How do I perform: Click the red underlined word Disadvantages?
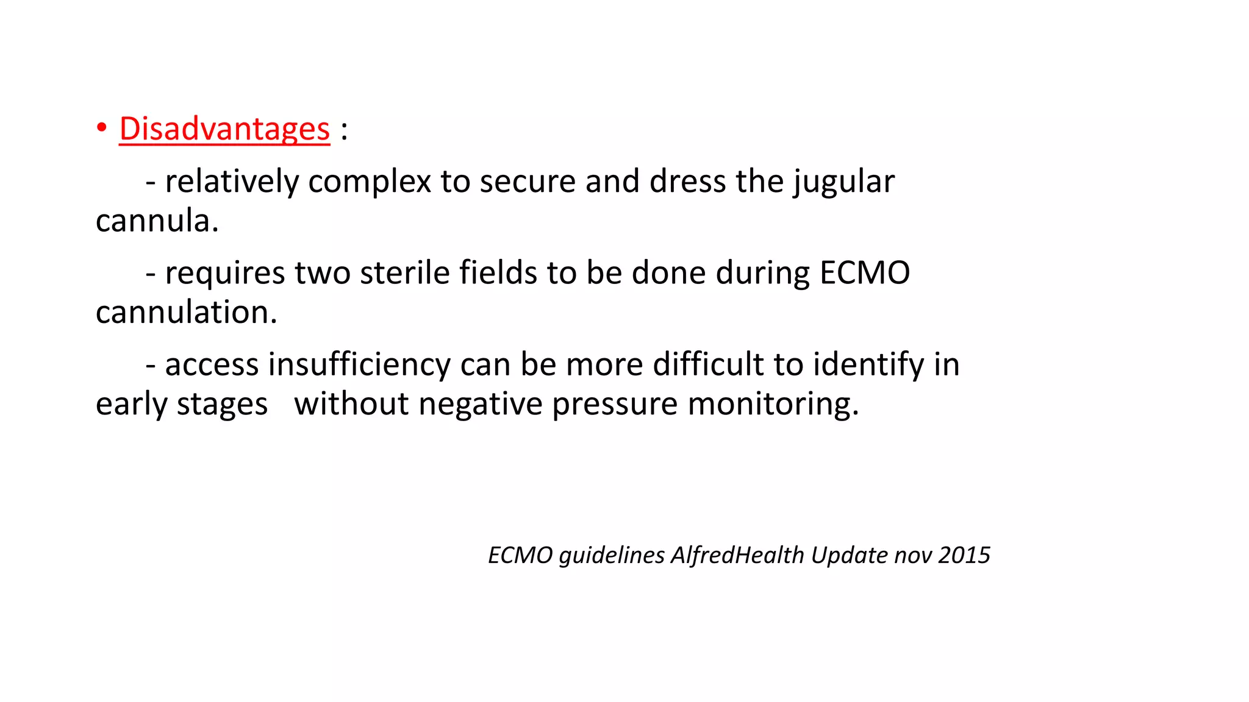[x=224, y=129]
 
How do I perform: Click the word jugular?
[x=844, y=182]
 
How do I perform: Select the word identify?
[x=868, y=366]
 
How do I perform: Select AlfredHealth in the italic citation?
[x=738, y=555]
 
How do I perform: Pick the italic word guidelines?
[x=612, y=556]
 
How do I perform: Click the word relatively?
[x=232, y=182]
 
